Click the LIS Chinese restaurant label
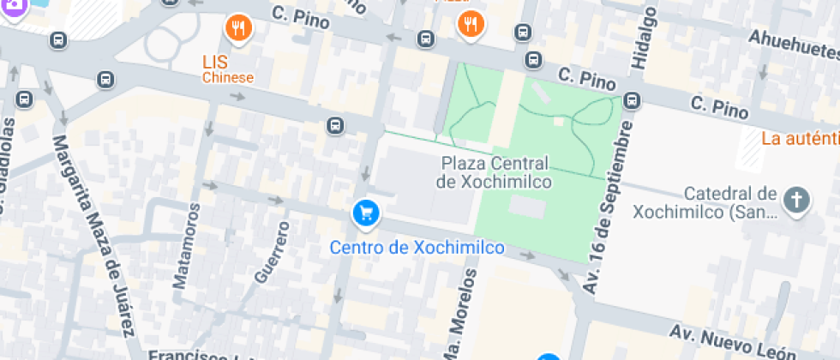point(227,69)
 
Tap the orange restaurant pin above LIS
point(239,29)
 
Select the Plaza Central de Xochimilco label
point(495,172)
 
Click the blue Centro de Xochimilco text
point(417,248)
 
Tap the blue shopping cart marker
point(366,213)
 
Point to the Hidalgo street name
point(643,38)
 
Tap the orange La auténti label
point(800,138)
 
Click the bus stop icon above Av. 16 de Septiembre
point(633,100)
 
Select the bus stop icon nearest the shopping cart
point(336,127)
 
